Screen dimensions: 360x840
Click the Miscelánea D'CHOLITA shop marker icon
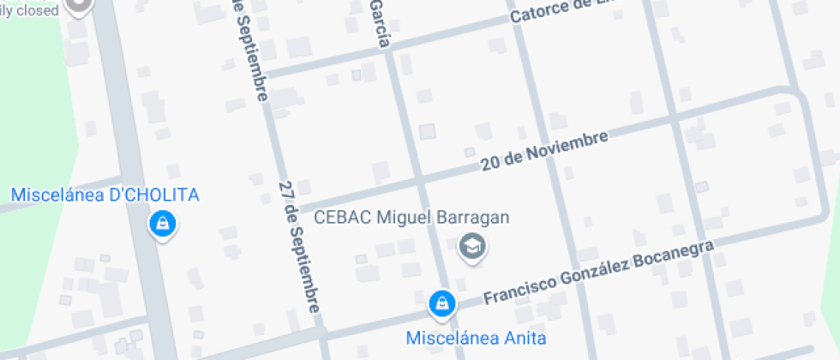(x=161, y=225)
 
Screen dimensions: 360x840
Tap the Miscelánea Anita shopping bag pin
(x=441, y=303)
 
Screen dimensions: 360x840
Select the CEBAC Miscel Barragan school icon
(x=472, y=247)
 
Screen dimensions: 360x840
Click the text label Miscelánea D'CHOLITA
(x=105, y=195)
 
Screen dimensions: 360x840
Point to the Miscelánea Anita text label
(x=476, y=337)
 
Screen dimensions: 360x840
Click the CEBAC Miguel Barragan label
(x=412, y=217)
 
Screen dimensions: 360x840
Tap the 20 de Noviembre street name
(x=544, y=151)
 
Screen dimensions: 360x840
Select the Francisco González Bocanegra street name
(x=598, y=273)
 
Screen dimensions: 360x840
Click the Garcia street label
(x=381, y=23)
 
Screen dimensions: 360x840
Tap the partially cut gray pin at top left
(x=80, y=7)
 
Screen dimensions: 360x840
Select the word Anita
(x=525, y=337)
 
